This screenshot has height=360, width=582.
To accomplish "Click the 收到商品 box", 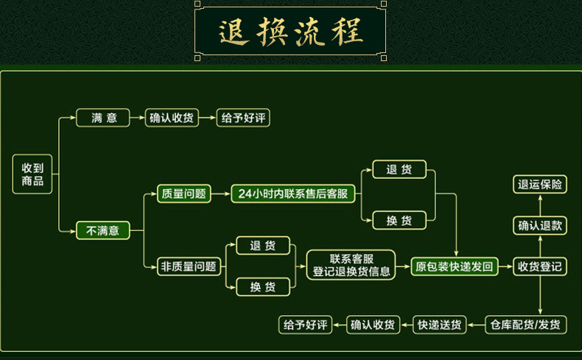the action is [x=32, y=174].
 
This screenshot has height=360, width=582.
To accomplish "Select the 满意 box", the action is [x=103, y=118].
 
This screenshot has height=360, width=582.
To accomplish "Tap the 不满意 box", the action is [x=103, y=230].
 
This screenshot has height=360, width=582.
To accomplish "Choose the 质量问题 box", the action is [x=183, y=194].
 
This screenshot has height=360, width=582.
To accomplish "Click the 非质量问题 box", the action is [x=189, y=267].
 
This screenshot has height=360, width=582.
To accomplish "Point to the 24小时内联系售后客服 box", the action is [x=293, y=194].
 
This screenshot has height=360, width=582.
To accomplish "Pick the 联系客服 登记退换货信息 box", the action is [x=351, y=265].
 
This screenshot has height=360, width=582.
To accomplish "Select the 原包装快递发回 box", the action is [x=455, y=267].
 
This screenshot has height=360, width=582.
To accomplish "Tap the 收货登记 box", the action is [x=540, y=267].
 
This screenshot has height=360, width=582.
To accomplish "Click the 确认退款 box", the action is [x=540, y=225].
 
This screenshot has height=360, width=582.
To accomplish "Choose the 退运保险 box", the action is [x=540, y=184].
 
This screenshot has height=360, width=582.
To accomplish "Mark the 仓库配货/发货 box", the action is [x=525, y=325].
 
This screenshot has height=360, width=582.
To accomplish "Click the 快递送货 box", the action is [x=440, y=325].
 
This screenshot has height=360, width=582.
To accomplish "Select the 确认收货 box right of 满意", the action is [x=172, y=118].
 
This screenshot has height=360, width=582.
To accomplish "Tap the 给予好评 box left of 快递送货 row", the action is [x=305, y=325].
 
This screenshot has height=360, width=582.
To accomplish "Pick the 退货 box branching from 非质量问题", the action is [x=263, y=245].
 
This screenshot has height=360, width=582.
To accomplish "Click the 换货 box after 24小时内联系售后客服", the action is [x=399, y=221].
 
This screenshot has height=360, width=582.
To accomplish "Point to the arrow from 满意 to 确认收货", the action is [x=137, y=118].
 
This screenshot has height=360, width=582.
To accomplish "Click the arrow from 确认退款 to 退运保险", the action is [x=540, y=205].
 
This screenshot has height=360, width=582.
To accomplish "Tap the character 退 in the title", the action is [x=233, y=32].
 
